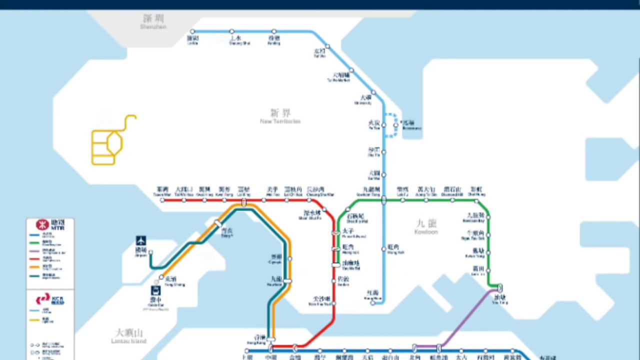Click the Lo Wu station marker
pyautogui.click(x=192, y=31)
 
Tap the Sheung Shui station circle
pyautogui.click(x=232, y=31)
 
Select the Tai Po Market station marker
pyautogui.click(x=351, y=70)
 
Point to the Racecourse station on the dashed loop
pyautogui.click(x=396, y=125)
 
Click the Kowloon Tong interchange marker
pyautogui.click(x=384, y=200)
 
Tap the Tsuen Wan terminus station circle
pyautogui.click(x=162, y=200)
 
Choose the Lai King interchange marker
pyautogui.click(x=244, y=202)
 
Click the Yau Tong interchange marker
pyautogui.click(x=499, y=288)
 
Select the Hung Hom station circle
pyautogui.click(x=373, y=302)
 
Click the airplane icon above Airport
pyautogui.click(x=141, y=240)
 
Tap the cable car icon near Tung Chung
pyautogui.click(x=156, y=290)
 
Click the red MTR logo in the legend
pyautogui.click(x=42, y=224)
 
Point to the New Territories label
pyautogui.click(x=280, y=116)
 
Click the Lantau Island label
pyautogui.click(x=129, y=335)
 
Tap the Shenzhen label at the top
pyautogui.click(x=153, y=21)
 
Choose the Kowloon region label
pyautogui.click(x=426, y=225)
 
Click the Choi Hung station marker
pyautogui.click(x=476, y=200)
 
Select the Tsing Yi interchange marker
pyautogui.click(x=218, y=224)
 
